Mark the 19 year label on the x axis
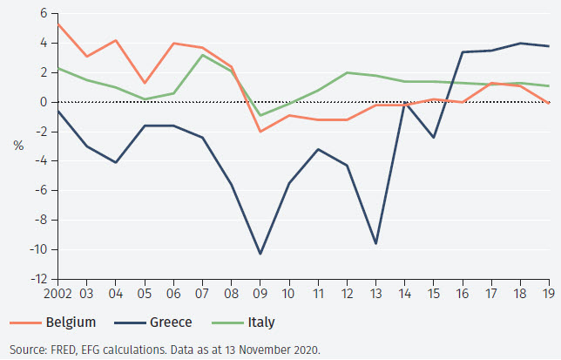pyautogui.click(x=548, y=295)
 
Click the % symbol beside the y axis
pyautogui.click(x=18, y=146)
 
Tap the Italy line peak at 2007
pyautogui.click(x=202, y=55)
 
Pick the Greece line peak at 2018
pyautogui.click(x=521, y=43)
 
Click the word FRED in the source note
pyautogui.click(x=63, y=350)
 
